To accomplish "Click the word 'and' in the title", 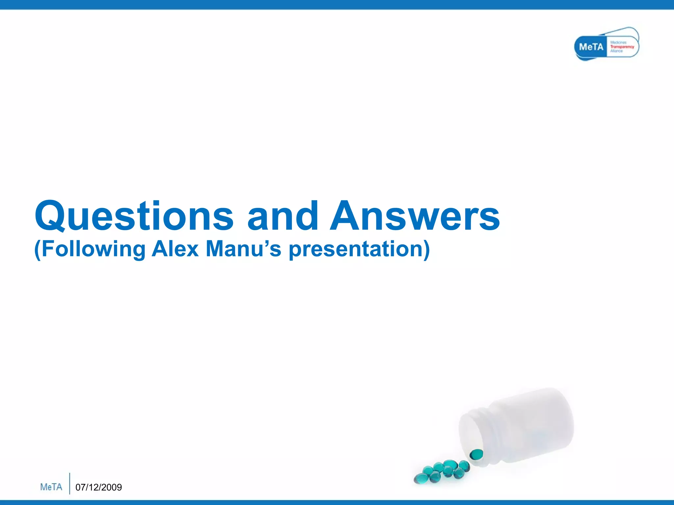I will click(283, 216).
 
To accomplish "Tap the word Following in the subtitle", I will click(93, 249).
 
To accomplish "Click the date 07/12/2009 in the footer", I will click(98, 487).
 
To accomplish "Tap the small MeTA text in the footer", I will click(51, 487).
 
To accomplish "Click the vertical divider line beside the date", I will click(70, 483).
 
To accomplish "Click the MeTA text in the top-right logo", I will click(591, 47).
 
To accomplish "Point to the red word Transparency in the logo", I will click(622, 47).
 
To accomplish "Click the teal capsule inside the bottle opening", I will click(476, 454).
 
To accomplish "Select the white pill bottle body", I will click(533, 427).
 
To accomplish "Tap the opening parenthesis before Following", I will click(37, 249).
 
